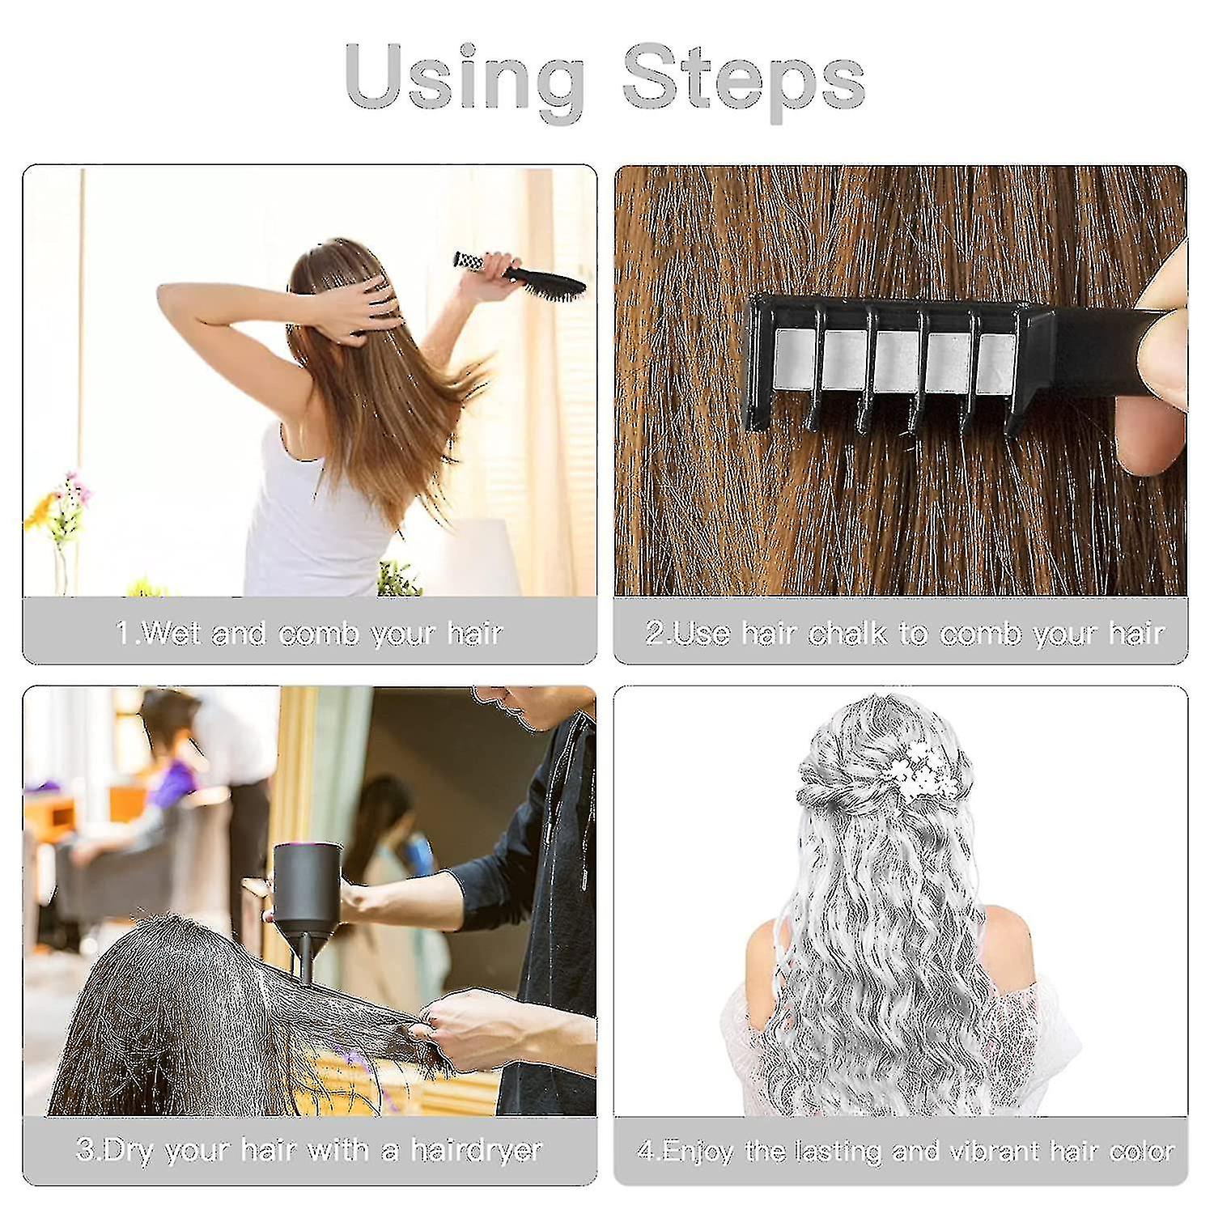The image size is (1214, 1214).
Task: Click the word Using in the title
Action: pos(465,81)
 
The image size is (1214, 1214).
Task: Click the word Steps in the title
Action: pos(743,81)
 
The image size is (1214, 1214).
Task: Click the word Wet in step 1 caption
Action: pos(171,633)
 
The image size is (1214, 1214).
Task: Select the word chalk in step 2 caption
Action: pos(849,633)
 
